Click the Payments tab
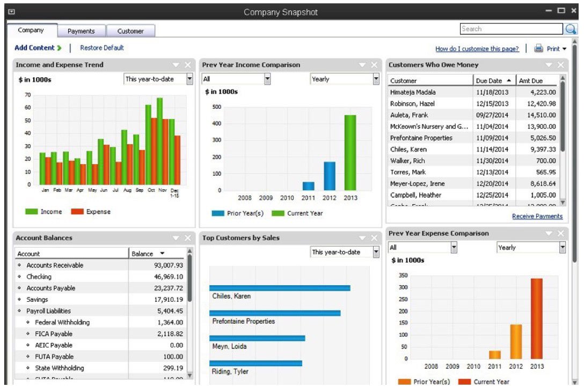(x=82, y=31)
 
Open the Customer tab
(x=130, y=31)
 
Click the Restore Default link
(x=102, y=48)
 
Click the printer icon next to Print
(x=538, y=49)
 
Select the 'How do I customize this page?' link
(x=477, y=49)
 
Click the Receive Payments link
(x=537, y=216)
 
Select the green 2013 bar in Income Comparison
(x=350, y=153)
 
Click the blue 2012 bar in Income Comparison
(x=329, y=176)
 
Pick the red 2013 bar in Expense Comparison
(x=537, y=318)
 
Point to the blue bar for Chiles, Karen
(x=280, y=288)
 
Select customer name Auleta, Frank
(x=409, y=115)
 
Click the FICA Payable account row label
(x=54, y=334)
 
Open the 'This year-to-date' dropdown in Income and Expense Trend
(x=158, y=79)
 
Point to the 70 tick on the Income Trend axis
(x=28, y=95)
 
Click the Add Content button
(x=38, y=48)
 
